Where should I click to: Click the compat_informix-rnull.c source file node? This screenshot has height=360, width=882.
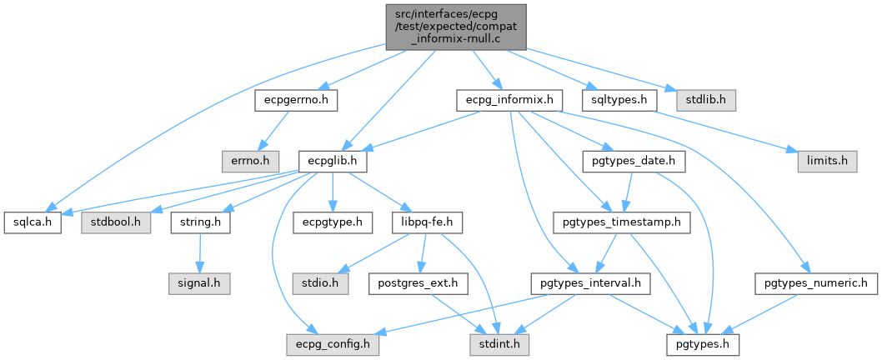pos(456,27)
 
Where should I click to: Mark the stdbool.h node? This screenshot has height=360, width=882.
pos(116,223)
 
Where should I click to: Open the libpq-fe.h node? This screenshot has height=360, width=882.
pos(428,223)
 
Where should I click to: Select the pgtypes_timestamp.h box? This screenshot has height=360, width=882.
pos(622,223)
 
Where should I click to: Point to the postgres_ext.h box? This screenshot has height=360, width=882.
pos(418,282)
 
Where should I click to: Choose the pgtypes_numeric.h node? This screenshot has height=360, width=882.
pos(816,282)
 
